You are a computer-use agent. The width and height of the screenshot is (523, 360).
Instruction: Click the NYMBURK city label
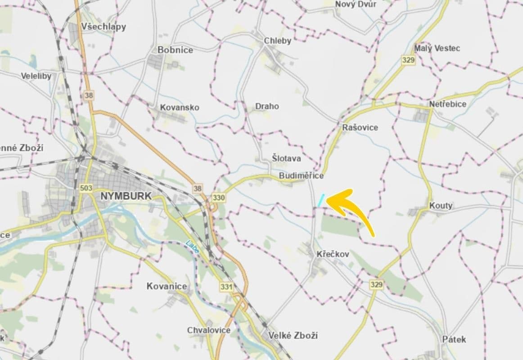click(126, 196)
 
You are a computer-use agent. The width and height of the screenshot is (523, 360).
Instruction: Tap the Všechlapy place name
click(104, 27)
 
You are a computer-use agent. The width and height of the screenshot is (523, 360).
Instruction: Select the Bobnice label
click(175, 50)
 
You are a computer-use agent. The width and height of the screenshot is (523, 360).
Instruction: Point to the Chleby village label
click(278, 41)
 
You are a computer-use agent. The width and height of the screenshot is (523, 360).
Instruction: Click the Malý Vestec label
click(437, 48)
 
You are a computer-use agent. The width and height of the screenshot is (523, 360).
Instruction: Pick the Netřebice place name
click(447, 104)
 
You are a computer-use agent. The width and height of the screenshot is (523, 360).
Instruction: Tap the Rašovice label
click(360, 127)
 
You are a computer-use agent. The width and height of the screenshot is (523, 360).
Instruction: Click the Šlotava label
click(286, 158)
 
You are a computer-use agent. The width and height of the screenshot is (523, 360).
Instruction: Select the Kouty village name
click(441, 206)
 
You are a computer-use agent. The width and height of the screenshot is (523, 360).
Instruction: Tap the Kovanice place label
click(167, 286)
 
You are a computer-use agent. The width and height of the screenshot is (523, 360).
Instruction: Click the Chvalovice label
click(209, 330)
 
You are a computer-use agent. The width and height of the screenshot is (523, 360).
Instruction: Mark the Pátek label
click(454, 339)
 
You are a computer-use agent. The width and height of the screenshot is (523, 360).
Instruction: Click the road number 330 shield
click(219, 198)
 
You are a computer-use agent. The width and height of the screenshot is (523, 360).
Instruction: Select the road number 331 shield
click(226, 286)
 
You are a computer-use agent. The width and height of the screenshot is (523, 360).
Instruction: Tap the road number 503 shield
click(85, 187)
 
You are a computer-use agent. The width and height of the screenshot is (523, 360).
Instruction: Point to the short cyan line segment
click(321, 200)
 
